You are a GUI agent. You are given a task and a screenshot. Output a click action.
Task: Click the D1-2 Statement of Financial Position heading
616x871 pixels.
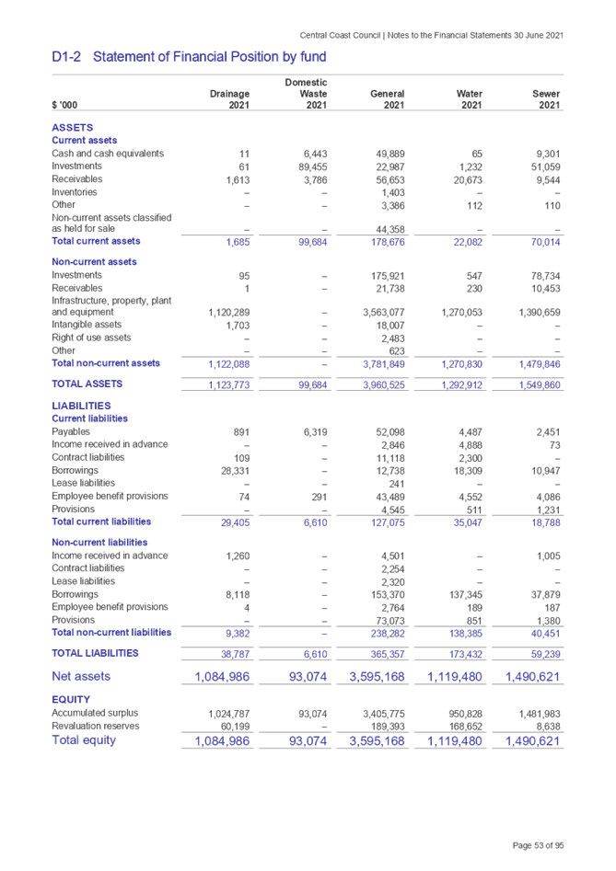189,57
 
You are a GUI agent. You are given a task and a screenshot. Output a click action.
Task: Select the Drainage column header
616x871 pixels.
230,94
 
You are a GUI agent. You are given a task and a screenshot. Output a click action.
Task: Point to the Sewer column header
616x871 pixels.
546,94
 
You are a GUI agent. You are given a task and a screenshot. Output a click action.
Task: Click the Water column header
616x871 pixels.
468,94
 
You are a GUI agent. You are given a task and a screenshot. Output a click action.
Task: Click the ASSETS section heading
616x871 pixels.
72,127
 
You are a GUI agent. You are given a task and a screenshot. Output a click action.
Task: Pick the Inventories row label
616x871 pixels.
76,192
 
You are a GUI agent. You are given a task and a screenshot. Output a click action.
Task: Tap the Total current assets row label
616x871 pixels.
96,241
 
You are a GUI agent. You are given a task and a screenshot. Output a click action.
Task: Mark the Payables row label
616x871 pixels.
71,431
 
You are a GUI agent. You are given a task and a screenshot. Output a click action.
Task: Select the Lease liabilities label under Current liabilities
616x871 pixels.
85,483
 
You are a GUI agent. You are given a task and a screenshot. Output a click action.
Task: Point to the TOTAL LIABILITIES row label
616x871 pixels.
96,652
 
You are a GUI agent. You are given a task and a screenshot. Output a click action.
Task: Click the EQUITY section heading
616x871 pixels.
70,699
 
